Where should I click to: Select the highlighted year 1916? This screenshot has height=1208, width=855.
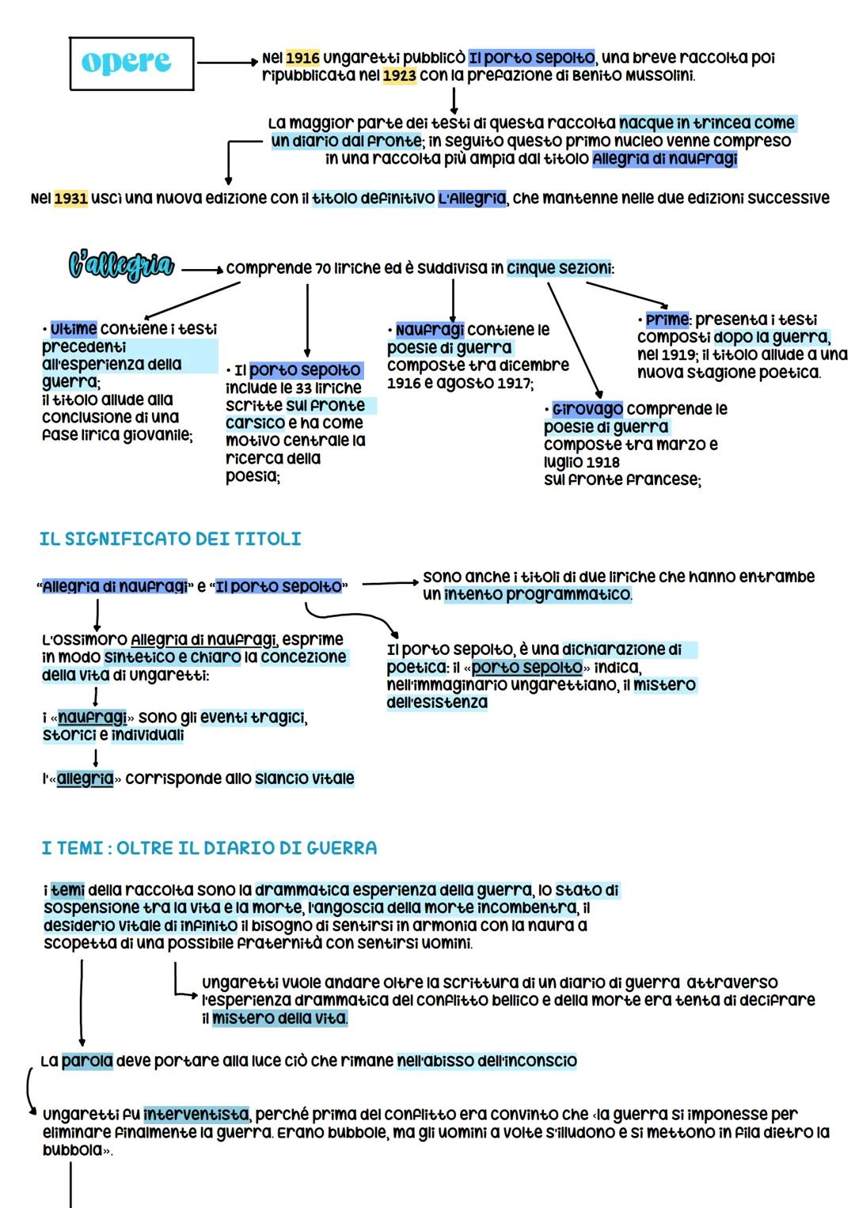tap(302, 58)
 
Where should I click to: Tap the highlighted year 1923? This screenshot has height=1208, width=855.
tap(399, 76)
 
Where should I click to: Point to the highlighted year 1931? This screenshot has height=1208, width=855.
tap(70, 198)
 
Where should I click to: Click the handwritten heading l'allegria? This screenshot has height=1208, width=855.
tap(120, 266)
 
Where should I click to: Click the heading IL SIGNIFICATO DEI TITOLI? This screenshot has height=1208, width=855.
tap(170, 539)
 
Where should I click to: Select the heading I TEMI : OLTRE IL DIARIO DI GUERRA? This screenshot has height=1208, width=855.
tap(209, 848)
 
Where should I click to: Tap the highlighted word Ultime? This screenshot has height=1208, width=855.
tap(73, 328)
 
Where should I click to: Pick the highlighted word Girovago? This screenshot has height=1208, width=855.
tap(587, 409)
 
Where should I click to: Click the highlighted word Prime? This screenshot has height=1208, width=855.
tap(667, 320)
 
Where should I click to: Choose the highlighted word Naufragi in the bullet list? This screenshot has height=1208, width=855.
tap(429, 330)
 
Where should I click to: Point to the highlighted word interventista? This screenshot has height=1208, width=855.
tap(196, 1115)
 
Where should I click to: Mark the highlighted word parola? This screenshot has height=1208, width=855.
tap(87, 1061)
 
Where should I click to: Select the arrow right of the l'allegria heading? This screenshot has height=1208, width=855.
tap(202, 269)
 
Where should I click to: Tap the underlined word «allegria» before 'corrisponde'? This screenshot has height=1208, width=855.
tap(85, 778)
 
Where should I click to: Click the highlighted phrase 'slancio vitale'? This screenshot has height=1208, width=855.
tap(304, 778)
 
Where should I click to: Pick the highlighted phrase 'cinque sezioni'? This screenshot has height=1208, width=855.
tap(559, 268)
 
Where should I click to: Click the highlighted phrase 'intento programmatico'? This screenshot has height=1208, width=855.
tap(538, 594)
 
